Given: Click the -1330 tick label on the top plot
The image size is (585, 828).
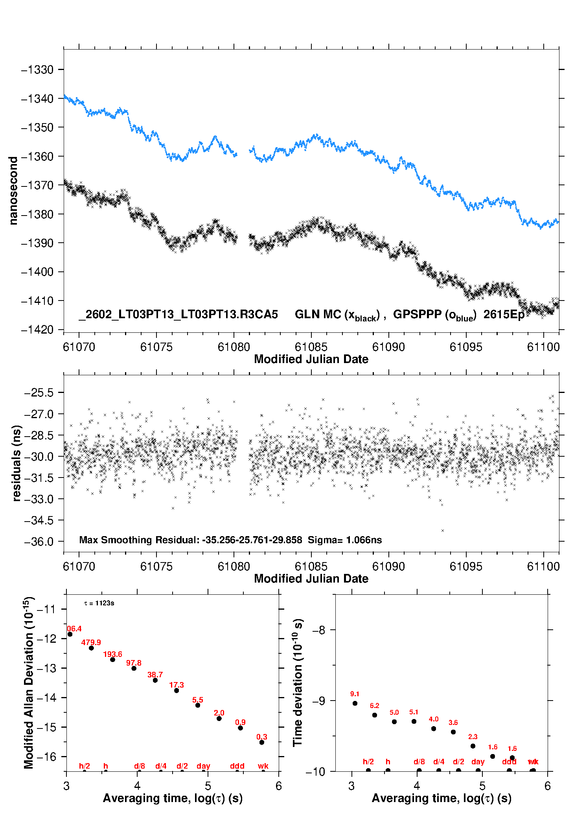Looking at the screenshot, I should coord(37,70).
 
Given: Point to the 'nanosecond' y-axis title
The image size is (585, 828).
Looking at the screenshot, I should coord(13,190).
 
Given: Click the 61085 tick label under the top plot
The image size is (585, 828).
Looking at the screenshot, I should coord(311,347).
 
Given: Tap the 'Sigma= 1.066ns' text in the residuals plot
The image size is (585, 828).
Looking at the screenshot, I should coord(344,540).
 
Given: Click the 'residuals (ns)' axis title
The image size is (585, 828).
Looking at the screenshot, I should coord(16,463).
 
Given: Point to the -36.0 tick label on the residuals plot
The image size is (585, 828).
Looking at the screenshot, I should coord(39,542).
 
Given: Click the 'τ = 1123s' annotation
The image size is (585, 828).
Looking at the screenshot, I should coord(99,603).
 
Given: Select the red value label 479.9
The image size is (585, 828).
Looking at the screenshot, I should coord(91,642).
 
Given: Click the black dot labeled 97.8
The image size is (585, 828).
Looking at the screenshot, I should coord(134,668).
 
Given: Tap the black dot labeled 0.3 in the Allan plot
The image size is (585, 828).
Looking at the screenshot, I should coord(262,742).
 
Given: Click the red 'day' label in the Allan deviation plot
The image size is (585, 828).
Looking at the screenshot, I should coord(203,766).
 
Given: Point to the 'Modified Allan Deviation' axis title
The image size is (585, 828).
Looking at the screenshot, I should coord(29,682).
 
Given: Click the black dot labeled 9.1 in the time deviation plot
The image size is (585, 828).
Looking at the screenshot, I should coord(355,703).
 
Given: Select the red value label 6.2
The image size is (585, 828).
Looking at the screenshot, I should coord(375,706).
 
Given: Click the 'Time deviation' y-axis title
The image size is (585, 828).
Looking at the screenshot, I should coord(298,682).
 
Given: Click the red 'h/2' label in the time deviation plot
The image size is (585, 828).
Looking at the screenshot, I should coord(368,762).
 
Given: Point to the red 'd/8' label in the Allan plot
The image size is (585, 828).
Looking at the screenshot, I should coord(140,766).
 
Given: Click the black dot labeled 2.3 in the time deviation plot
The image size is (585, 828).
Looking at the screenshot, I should coord(473,746).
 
